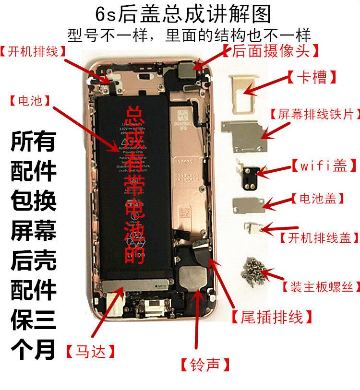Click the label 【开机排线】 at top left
pyautogui.click(x=36, y=51)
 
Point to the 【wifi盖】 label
pyautogui.click(x=324, y=166)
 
